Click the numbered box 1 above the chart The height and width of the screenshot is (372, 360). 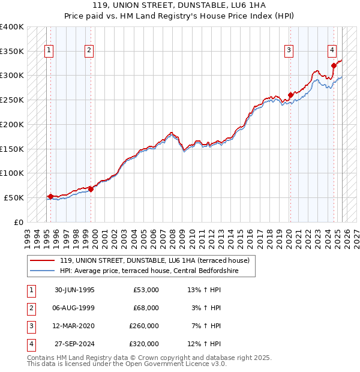(49, 51)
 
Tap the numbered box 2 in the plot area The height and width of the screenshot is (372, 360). (89, 51)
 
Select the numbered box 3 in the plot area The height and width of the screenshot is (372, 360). (289, 51)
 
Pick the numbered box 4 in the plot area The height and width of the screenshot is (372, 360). (332, 51)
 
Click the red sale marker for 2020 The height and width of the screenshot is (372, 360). (290, 94)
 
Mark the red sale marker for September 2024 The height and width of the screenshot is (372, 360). (334, 65)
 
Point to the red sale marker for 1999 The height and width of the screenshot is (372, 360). (91, 188)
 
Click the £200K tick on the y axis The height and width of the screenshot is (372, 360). (12, 124)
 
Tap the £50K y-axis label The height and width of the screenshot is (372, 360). (14, 197)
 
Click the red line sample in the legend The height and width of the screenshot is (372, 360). (42, 260)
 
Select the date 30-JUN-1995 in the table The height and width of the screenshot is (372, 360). (74, 290)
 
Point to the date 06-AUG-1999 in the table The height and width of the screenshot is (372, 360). (74, 308)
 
